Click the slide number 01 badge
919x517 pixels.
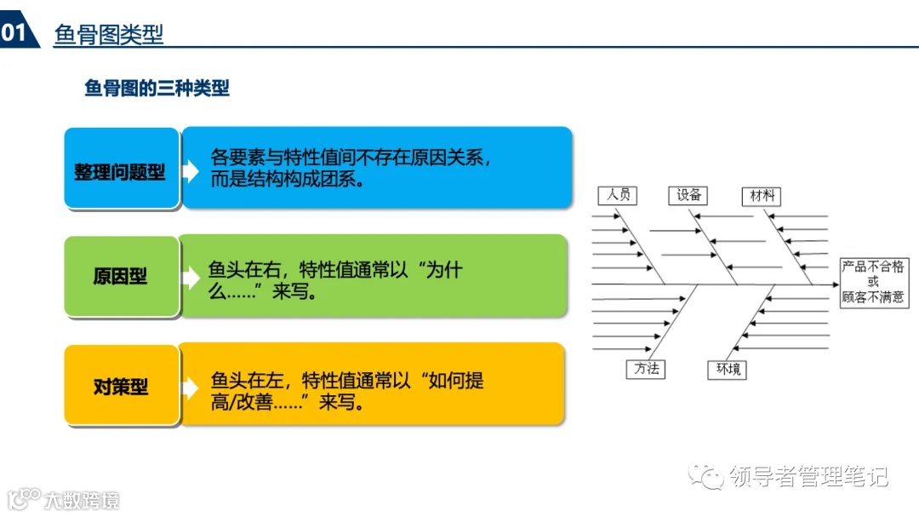coord(14,33)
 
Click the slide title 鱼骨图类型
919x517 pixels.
coord(108,34)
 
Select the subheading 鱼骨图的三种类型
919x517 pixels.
coord(157,89)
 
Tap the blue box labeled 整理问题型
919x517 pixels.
coord(121,171)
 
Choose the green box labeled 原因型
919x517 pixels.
coord(121,277)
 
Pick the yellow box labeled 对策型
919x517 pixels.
coord(121,387)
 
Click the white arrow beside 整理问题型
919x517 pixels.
coord(191,171)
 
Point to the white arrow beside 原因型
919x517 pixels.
coord(191,278)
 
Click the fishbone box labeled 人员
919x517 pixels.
coord(619,195)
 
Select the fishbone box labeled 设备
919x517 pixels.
coord(689,195)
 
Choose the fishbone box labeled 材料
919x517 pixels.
coord(760,196)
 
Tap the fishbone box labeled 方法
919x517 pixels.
coord(645,369)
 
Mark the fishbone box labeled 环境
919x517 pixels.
coord(728,370)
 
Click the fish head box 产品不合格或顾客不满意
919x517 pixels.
coord(873,282)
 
